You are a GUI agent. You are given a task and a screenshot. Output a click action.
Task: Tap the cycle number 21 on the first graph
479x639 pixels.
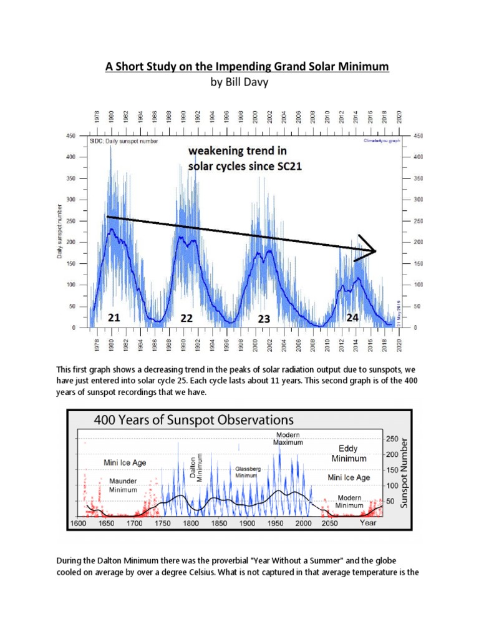point(114,318)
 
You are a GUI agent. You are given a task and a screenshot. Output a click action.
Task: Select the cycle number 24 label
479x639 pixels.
point(352,317)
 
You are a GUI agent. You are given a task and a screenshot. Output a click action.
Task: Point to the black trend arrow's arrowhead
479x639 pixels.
point(372,251)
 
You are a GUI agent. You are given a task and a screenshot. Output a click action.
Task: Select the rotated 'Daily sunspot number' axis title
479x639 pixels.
point(60,231)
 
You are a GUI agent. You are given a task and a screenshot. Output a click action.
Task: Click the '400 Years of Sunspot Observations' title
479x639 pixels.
point(193,419)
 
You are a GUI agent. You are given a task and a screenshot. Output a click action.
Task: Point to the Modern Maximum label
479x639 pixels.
point(288,438)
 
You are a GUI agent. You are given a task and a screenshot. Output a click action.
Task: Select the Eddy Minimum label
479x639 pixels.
point(348,453)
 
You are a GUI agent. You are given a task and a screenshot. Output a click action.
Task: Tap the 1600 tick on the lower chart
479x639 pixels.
point(78,524)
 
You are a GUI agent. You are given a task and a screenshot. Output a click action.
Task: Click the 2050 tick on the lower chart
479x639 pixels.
point(329,524)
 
